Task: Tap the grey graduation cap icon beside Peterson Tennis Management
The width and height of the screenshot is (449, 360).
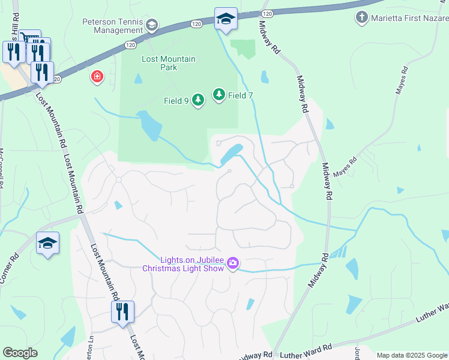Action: click(x=151, y=25)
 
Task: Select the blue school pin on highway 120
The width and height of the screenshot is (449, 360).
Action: click(x=226, y=19)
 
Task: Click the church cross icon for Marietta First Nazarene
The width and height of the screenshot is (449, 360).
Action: click(x=361, y=17)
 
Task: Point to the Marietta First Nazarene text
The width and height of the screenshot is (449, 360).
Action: click(x=409, y=17)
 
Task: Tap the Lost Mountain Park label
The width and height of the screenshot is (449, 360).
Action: click(x=159, y=63)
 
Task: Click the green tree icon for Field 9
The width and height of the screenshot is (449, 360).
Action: click(x=199, y=101)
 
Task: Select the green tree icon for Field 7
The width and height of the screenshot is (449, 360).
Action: click(x=218, y=95)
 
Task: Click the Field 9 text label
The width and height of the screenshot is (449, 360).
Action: click(x=177, y=101)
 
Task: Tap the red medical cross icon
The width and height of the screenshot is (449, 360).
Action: click(x=96, y=77)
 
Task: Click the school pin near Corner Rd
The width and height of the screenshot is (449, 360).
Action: click(x=47, y=244)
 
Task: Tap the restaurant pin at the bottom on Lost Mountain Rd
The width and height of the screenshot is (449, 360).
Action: click(x=122, y=312)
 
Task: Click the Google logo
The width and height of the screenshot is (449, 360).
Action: click(x=20, y=353)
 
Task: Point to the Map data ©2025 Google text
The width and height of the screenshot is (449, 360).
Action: click(x=412, y=355)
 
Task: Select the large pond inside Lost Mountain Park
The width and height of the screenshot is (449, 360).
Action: click(x=149, y=124)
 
